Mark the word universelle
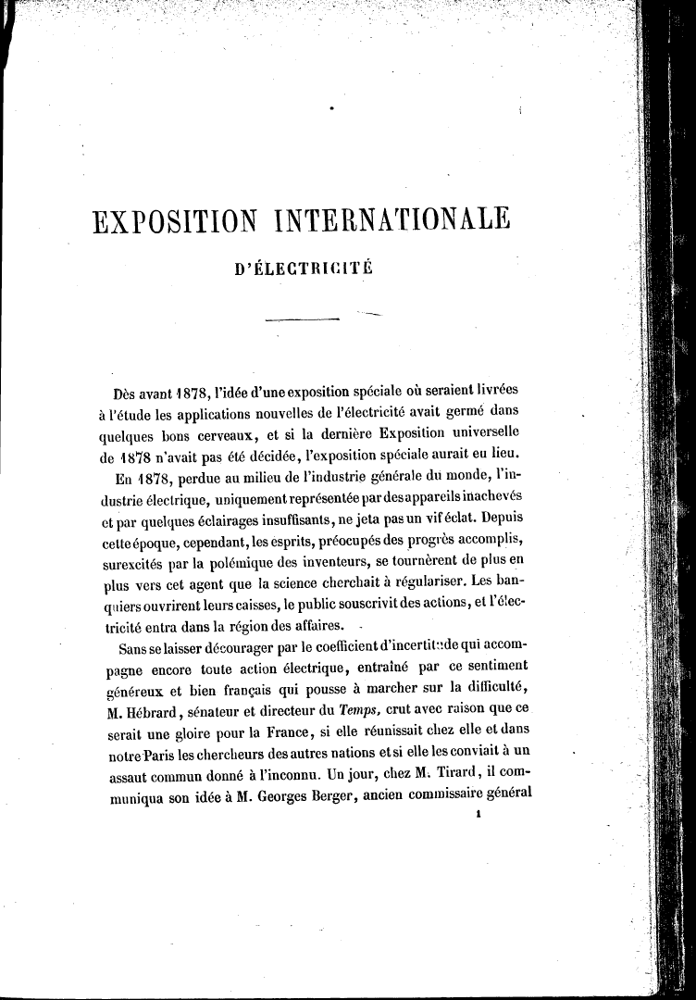[x=474, y=432]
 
